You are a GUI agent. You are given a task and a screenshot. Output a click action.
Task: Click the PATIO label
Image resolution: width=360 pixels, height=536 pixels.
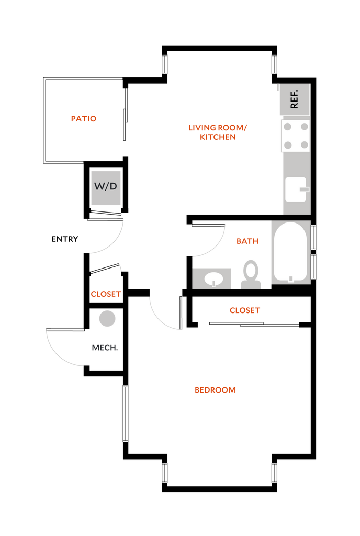[x=84, y=119]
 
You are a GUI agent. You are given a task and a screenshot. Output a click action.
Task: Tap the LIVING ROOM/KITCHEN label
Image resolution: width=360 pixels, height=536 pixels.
[x=218, y=132]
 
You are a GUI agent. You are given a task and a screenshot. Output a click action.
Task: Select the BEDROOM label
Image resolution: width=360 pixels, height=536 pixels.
[x=215, y=390]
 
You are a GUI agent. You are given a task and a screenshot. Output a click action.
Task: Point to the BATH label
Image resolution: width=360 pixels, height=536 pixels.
[x=248, y=241]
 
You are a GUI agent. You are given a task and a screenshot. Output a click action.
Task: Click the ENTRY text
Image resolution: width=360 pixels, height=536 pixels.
[x=65, y=239]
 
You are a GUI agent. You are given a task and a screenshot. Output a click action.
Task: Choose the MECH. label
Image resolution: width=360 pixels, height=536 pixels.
[x=105, y=348]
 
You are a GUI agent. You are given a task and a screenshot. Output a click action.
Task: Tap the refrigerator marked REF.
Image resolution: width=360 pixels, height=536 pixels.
[x=295, y=99]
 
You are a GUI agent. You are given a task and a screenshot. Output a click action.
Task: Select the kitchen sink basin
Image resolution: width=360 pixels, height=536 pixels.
[x=296, y=189]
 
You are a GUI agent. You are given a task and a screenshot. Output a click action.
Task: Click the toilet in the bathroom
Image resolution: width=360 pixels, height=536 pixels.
[x=251, y=274]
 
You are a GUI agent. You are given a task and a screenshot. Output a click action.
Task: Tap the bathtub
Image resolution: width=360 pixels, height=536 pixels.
[x=290, y=252]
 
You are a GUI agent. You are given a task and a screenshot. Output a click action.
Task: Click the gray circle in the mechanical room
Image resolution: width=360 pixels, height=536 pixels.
[x=107, y=319]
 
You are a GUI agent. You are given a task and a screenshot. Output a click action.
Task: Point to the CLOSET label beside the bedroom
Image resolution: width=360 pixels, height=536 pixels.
[x=245, y=310]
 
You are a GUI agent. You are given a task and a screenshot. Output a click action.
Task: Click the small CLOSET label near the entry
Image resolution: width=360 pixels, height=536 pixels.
[x=106, y=294]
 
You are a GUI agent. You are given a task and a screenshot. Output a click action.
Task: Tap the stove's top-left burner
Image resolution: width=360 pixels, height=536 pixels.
[x=288, y=127]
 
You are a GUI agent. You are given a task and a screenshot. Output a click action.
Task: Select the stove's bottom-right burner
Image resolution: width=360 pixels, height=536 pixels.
[x=305, y=146]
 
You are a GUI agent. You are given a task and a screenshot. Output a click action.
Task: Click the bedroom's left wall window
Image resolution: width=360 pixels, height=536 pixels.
[x=126, y=414]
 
